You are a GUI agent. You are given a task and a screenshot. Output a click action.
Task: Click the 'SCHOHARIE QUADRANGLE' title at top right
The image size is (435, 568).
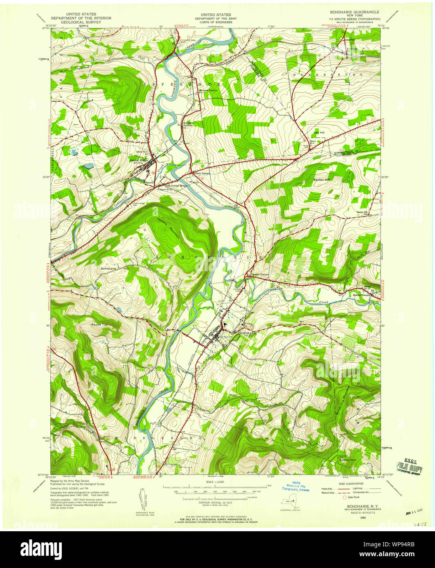point(354,12)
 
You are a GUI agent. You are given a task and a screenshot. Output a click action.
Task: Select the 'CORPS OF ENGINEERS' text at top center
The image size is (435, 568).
point(212,22)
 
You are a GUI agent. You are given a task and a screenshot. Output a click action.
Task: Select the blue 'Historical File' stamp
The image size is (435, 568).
point(295,486)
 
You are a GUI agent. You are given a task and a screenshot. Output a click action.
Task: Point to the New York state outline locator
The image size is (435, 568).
point(289,503)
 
